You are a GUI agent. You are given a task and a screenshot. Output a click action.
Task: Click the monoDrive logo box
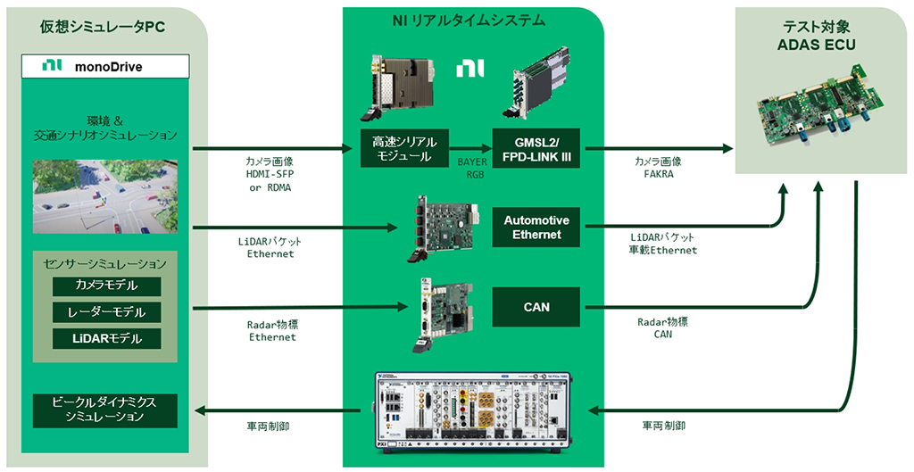(x=105, y=66)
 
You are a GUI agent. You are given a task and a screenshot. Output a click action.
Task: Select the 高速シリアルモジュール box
(x=402, y=148)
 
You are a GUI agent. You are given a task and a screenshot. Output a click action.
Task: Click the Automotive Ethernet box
(x=536, y=227)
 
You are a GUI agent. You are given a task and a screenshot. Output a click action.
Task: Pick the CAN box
(x=536, y=307)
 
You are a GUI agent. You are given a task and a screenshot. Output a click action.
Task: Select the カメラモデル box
(x=106, y=286)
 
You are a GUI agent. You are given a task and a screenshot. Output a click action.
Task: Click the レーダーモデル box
(x=106, y=312)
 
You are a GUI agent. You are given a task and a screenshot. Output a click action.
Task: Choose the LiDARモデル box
(x=106, y=338)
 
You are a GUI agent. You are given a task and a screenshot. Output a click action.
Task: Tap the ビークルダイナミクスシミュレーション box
(x=105, y=410)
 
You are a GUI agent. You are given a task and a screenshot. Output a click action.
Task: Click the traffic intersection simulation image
(x=105, y=196)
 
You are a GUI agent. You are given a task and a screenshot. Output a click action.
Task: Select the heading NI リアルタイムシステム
(x=469, y=20)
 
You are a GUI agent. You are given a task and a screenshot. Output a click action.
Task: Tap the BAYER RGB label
(x=472, y=169)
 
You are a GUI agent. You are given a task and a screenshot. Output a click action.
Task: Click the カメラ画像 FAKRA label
(x=658, y=169)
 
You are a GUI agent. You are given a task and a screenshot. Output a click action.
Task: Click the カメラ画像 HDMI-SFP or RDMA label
(x=270, y=175)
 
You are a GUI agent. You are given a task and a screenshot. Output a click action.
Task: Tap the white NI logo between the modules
(x=469, y=69)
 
